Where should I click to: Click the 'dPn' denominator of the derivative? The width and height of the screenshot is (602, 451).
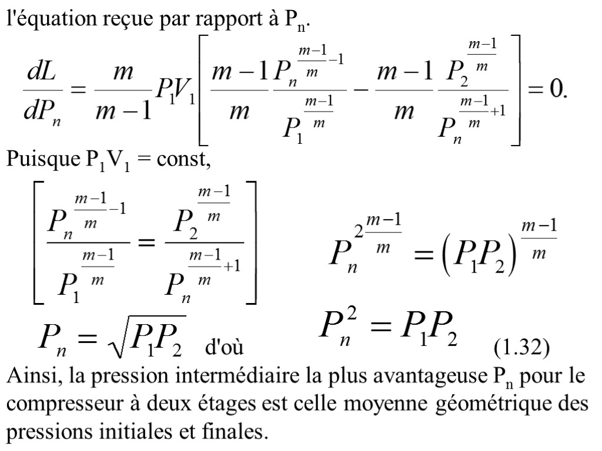click(44, 110)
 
